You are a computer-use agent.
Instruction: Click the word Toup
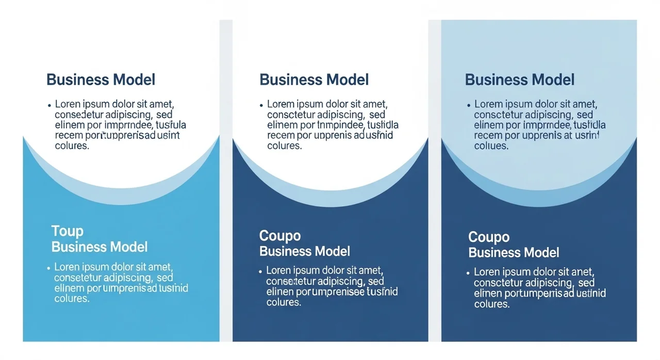click(x=67, y=231)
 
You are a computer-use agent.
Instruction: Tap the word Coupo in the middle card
click(x=280, y=236)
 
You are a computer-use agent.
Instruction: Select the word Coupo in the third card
click(x=489, y=237)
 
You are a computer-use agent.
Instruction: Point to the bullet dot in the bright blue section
click(x=48, y=268)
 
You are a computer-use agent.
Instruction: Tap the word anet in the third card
click(x=582, y=272)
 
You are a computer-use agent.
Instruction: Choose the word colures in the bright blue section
click(x=72, y=299)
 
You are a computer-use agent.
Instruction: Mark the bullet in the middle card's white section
click(x=261, y=105)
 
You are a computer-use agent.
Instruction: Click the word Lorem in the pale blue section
click(x=488, y=104)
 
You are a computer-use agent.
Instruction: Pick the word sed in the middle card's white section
click(x=377, y=114)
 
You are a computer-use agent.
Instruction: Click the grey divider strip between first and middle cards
click(x=226, y=181)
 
